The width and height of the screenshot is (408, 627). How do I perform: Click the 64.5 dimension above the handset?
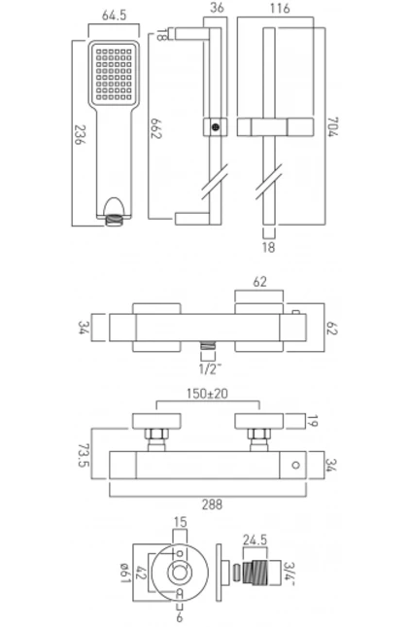(114, 16)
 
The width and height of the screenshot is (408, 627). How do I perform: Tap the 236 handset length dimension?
(81, 135)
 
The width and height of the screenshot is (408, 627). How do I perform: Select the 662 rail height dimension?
(155, 128)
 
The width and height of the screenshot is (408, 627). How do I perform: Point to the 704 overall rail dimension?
(332, 126)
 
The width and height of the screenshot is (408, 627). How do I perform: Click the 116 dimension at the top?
(279, 8)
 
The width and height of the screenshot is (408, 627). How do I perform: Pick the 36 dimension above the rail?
(217, 8)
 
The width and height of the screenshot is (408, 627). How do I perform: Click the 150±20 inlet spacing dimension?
(207, 394)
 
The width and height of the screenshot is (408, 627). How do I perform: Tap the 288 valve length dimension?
(212, 505)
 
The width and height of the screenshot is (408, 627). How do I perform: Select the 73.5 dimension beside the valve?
(84, 455)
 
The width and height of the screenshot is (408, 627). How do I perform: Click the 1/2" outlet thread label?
(210, 369)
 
